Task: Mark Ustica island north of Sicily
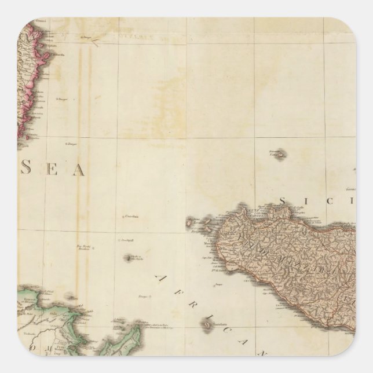point(279,155)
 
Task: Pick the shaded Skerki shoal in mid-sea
point(128,258)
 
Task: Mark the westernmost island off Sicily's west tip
point(189,221)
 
